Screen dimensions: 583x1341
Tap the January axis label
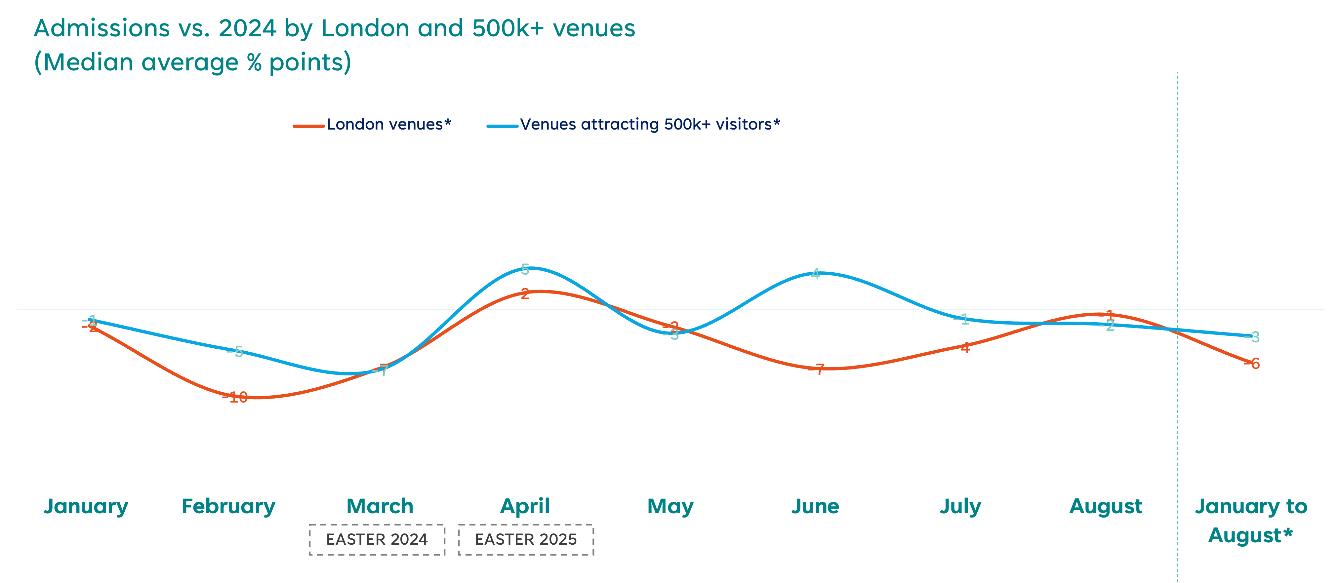point(86,506)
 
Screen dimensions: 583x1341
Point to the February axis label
point(228,506)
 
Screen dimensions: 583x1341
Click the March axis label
point(380,506)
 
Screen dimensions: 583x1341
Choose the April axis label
point(525,506)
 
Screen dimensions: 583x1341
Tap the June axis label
point(815,506)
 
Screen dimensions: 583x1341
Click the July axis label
point(960,506)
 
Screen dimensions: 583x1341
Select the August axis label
point(1106,506)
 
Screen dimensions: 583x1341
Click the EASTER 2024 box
point(377,539)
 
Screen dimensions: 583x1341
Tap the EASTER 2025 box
point(526,539)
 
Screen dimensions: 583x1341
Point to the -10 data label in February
point(235,398)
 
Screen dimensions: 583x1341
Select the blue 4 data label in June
point(816,274)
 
